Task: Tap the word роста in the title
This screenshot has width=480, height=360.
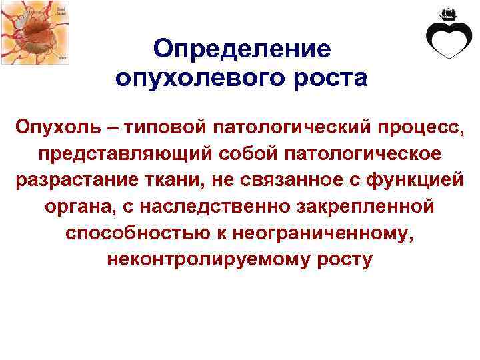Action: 327,78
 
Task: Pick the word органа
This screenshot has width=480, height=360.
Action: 74,207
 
